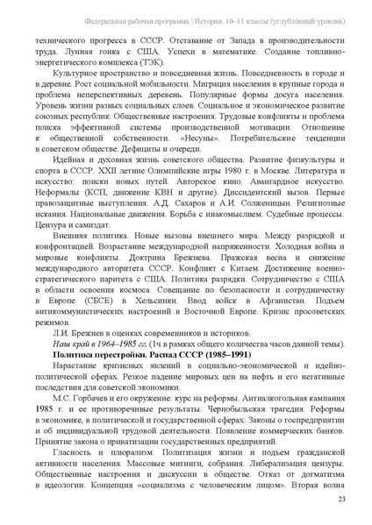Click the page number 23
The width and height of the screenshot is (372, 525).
pos(341,500)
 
